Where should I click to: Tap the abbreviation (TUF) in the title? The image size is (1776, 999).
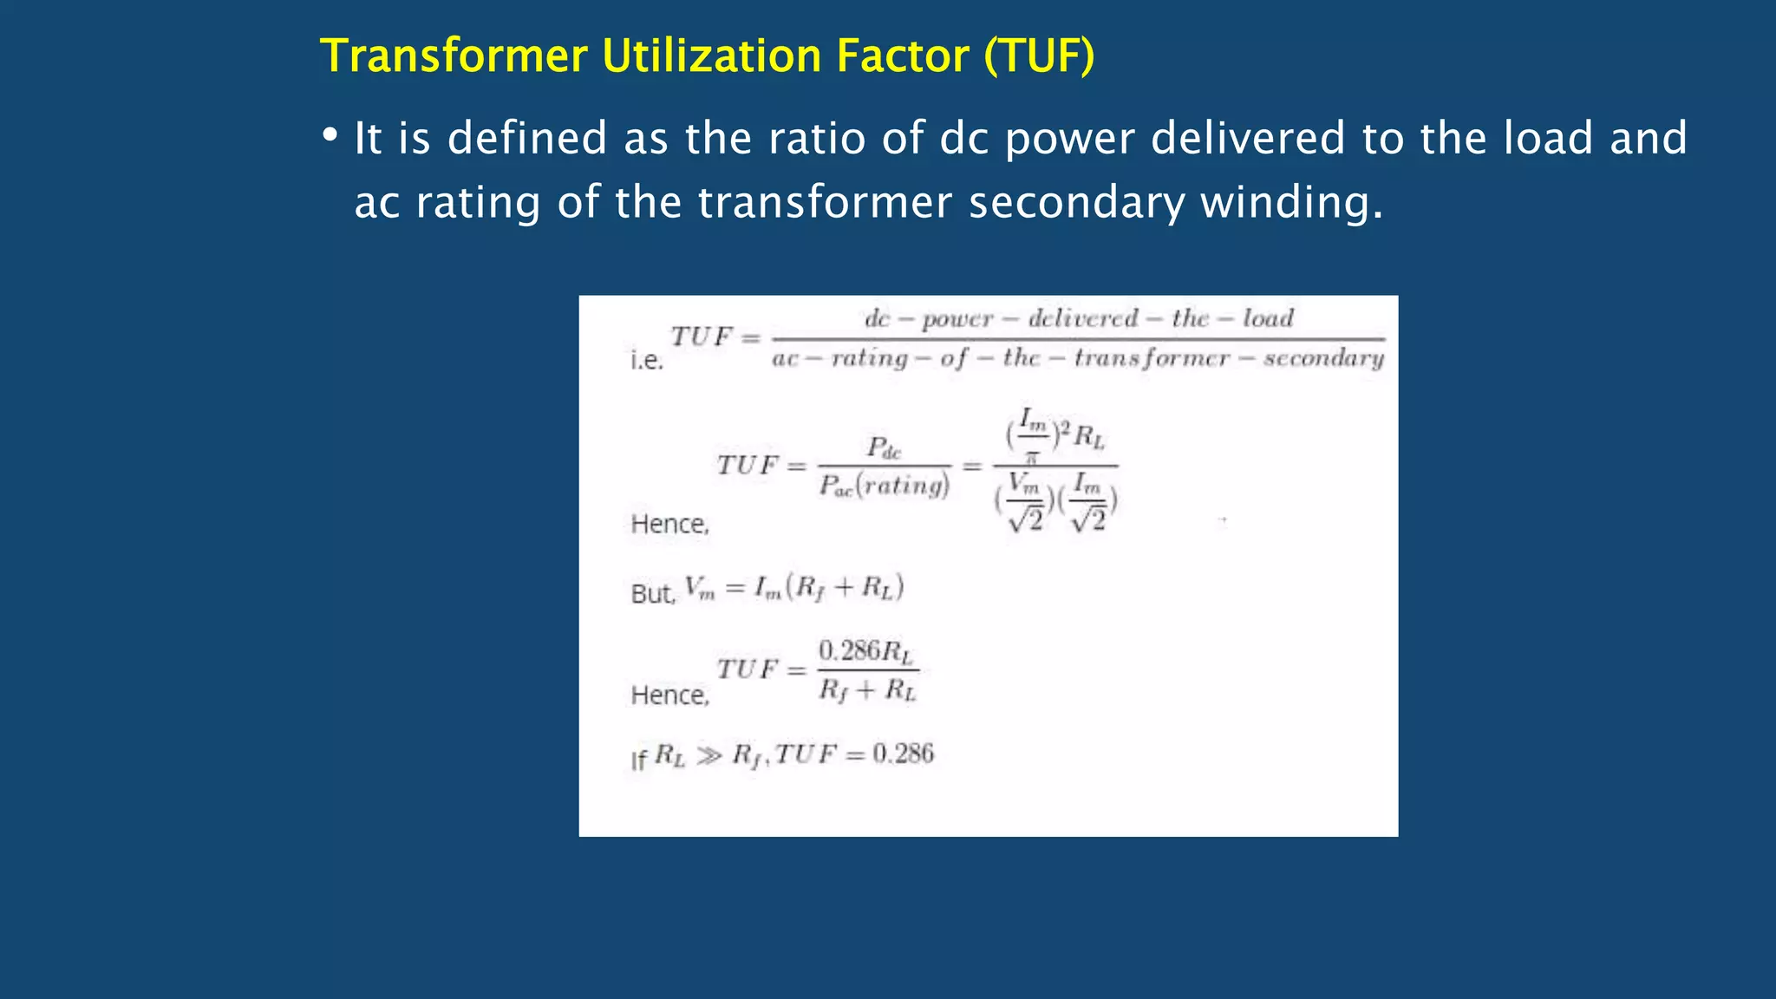pos(1039,56)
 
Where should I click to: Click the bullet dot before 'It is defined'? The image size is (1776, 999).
pos(330,135)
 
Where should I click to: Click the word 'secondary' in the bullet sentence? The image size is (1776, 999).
pos(1075,202)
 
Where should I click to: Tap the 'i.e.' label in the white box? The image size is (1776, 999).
pos(647,360)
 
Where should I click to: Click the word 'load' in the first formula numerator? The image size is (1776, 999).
pos(1268,318)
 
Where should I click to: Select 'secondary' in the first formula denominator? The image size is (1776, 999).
pos(1323,358)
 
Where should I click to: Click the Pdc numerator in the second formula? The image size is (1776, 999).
pos(884,447)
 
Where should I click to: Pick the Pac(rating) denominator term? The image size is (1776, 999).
pos(885,486)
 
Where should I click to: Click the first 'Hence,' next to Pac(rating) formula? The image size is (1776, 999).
pos(669,524)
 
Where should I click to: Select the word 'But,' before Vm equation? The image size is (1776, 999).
pos(652,593)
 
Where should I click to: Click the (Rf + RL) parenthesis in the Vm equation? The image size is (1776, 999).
pos(845,588)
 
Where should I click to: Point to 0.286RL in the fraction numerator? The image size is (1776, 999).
pos(866,651)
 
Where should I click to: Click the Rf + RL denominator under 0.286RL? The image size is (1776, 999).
pos(867,690)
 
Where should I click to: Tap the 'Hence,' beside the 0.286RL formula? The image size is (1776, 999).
pos(669,695)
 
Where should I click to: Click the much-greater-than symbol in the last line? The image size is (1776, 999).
pos(708,756)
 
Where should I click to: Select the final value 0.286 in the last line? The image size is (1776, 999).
pos(903,754)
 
